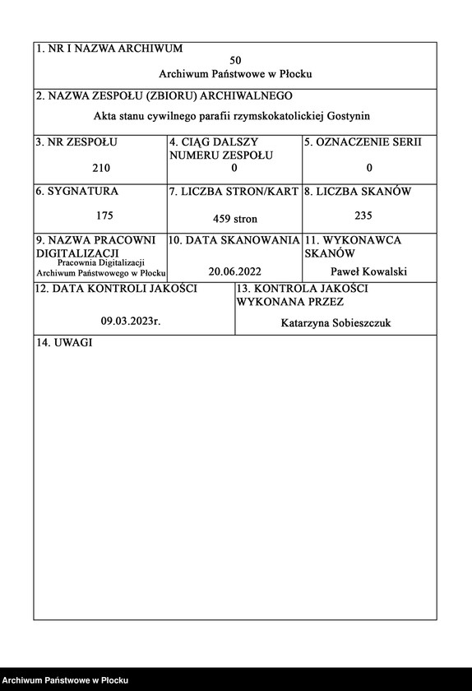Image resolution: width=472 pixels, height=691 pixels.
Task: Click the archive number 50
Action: point(235,61)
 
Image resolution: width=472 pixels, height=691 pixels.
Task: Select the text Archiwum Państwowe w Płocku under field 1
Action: point(235,74)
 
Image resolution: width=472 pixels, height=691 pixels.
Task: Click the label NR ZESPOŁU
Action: point(76,141)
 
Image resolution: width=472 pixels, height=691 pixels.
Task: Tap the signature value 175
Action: point(104,216)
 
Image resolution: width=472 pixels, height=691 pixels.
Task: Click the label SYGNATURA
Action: point(76,191)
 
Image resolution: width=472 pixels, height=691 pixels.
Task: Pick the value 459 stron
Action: point(234,219)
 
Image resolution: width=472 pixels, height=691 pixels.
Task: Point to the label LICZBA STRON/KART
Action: point(234,192)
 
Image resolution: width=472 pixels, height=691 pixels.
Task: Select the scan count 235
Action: point(363,216)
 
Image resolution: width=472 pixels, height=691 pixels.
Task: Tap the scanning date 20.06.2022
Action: point(234,271)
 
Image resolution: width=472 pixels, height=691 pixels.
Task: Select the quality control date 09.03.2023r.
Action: point(131,322)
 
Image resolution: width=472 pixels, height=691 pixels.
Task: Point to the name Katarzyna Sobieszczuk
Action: point(335,323)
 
